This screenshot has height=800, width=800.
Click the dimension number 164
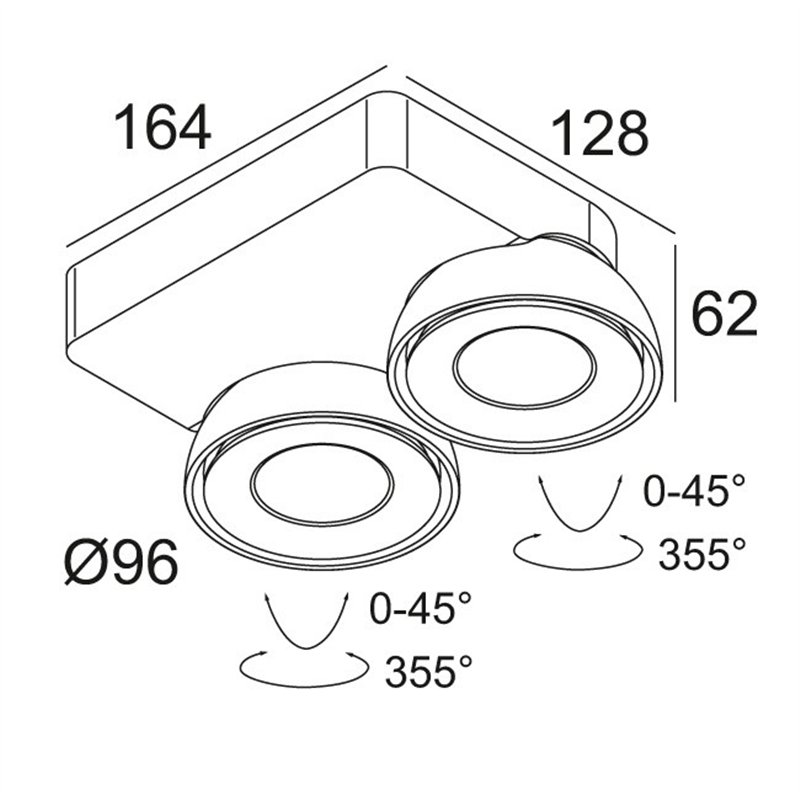click(x=163, y=128)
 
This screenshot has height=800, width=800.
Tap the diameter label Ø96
click(x=121, y=563)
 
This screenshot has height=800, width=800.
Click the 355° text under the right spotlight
click(x=702, y=553)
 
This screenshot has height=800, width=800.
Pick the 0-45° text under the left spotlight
click(x=419, y=607)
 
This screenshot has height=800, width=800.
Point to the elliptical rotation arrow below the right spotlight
click(x=578, y=549)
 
